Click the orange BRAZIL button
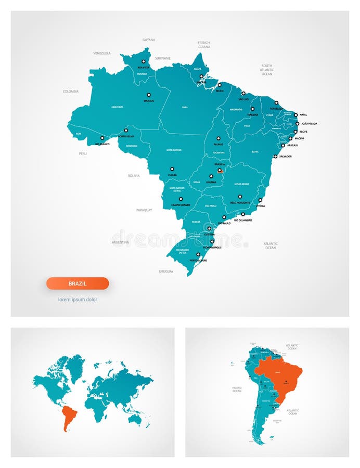point(78,283)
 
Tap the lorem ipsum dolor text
point(78,300)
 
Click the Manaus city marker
point(148,95)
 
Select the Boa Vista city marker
point(144,61)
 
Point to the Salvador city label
point(285,157)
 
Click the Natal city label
point(304,115)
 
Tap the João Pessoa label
point(309,124)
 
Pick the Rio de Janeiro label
point(243,220)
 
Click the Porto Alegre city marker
point(198,255)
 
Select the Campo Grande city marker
point(181,199)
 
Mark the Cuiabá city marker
point(172,168)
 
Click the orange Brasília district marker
point(220,170)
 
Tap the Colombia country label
point(71,91)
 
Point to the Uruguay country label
point(166,271)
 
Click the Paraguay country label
point(144,210)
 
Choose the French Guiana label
point(204,44)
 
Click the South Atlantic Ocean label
point(267,70)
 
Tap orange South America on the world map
point(68,417)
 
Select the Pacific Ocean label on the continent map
point(237,389)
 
